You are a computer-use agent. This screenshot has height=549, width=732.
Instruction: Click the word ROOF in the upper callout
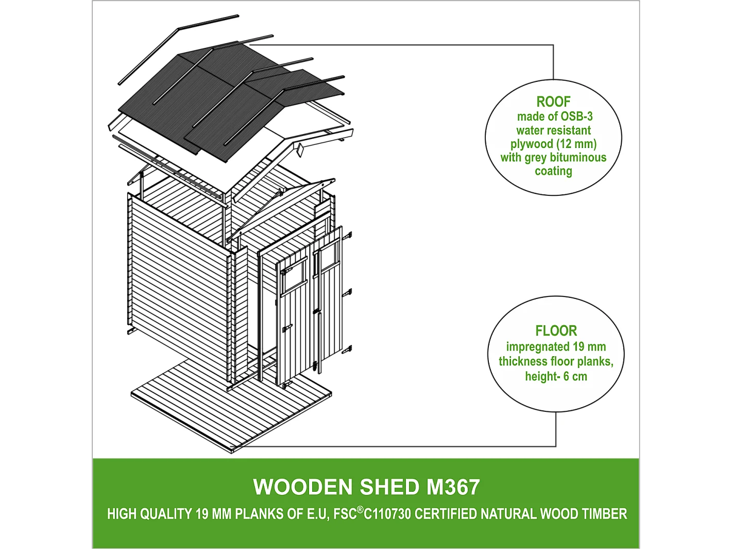553,102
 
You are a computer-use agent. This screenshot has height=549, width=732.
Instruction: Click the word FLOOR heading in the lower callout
556,330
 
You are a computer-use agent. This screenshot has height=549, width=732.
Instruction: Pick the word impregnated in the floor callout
537,347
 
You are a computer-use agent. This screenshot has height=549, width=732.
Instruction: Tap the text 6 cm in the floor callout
575,376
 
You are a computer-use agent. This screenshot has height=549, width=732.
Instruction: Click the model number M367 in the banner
453,487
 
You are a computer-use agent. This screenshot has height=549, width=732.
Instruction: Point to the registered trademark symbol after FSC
360,509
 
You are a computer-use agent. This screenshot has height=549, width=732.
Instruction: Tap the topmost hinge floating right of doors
348,236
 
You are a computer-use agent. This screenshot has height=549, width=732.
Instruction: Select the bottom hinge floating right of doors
347,350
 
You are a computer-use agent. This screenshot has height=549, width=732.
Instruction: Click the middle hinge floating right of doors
348,293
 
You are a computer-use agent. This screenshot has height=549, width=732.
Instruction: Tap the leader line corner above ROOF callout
553,45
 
